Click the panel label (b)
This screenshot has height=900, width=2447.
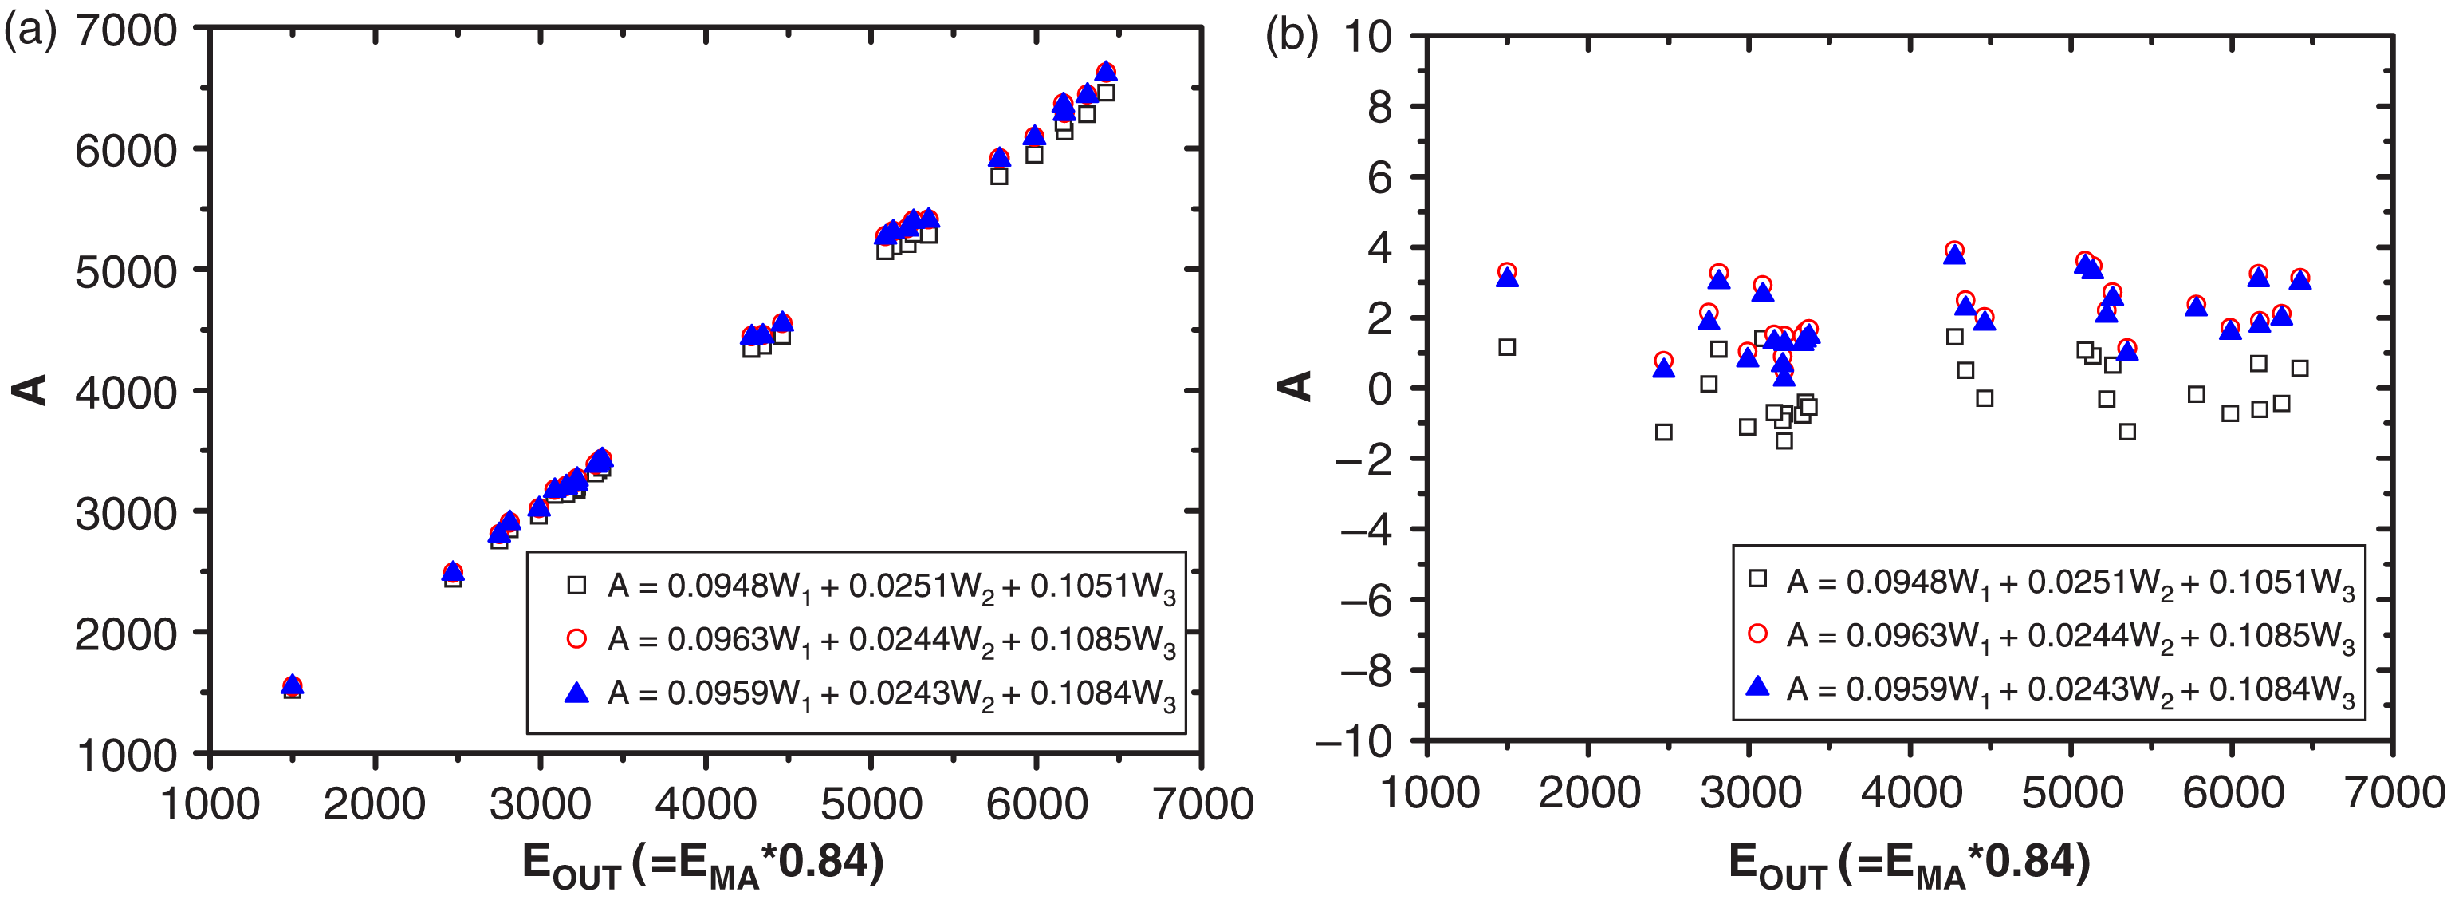coord(1292,36)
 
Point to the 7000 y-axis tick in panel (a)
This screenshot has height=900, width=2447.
coord(125,30)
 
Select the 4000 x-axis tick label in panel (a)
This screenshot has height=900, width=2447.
coord(705,804)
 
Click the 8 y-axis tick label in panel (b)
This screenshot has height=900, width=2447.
coord(1379,108)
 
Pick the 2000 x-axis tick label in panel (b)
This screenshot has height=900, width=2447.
coord(1588,792)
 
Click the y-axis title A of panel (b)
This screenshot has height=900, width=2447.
coord(1295,386)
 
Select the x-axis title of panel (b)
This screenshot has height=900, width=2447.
coord(1910,863)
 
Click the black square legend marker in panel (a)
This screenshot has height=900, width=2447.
coord(576,586)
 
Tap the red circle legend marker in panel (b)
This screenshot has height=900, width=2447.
coord(1757,634)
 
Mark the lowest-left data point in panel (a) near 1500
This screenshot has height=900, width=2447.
coord(293,687)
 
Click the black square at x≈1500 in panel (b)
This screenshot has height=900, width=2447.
coord(1507,348)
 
